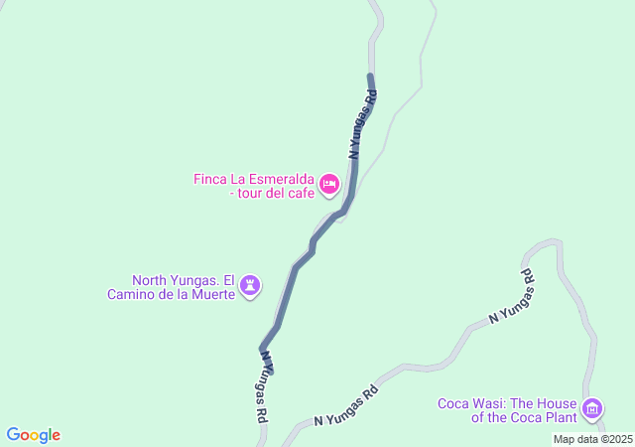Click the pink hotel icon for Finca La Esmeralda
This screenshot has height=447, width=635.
[329, 183]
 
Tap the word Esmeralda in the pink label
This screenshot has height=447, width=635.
[283, 179]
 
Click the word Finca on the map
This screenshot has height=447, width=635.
[210, 179]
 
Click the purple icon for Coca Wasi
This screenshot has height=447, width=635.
[592, 408]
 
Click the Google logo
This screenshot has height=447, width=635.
[33, 435]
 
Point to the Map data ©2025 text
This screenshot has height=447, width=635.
[592, 439]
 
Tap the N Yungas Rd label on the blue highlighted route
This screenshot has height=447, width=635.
[362, 124]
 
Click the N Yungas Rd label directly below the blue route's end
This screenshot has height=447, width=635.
[260, 387]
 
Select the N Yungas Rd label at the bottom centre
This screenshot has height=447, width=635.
[346, 406]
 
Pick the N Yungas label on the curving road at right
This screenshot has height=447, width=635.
[513, 295]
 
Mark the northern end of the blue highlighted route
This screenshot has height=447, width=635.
[370, 75]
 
